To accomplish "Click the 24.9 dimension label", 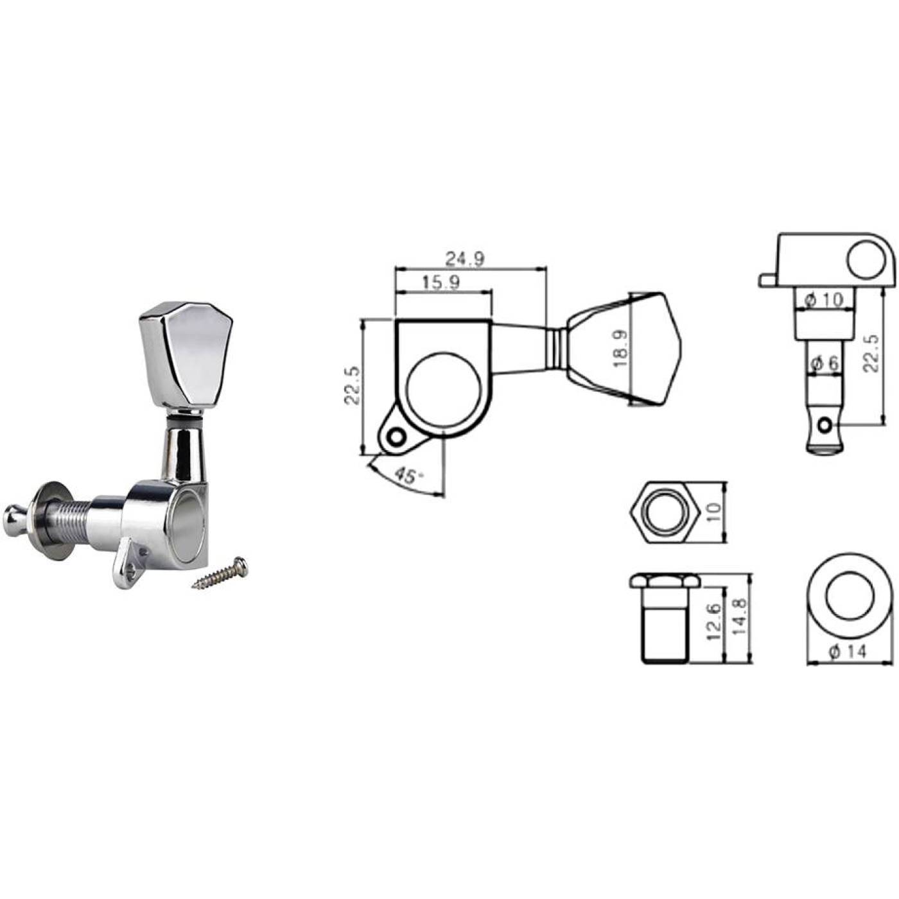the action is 464,259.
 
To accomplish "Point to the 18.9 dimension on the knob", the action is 622,349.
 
